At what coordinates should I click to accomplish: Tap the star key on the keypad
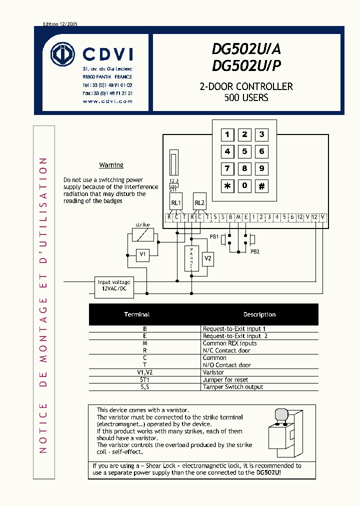click(x=227, y=186)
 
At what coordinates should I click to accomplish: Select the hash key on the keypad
click(x=261, y=186)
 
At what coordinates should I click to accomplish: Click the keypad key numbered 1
click(x=227, y=134)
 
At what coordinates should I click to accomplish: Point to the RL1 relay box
click(x=176, y=202)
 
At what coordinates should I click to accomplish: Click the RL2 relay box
click(x=199, y=202)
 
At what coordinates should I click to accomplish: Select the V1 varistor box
click(x=142, y=255)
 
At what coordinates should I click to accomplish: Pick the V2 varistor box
click(x=208, y=258)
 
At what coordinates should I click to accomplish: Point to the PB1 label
click(x=214, y=236)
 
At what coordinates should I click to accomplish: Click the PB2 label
click(x=255, y=251)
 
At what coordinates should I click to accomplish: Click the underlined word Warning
click(x=111, y=165)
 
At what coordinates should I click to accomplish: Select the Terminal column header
click(x=137, y=314)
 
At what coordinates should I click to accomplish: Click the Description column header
click(x=259, y=314)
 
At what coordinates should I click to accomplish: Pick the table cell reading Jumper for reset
click(x=225, y=379)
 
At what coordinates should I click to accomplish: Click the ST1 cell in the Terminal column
click(x=145, y=379)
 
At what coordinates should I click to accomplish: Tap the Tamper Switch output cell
click(x=232, y=387)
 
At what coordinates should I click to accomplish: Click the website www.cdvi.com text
click(x=107, y=101)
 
